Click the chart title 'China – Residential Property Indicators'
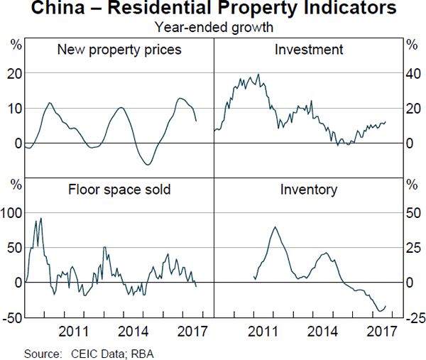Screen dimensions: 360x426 [213, 9]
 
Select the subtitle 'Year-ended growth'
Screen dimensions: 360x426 [213, 28]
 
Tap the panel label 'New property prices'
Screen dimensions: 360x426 [119, 50]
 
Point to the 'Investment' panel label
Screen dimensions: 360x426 [309, 50]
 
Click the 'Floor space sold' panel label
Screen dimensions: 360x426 [119, 190]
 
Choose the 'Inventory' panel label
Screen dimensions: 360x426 [309, 190]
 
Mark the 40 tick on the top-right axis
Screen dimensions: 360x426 [412, 73]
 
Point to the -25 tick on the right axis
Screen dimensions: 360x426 [414, 317]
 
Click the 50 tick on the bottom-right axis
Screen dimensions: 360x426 [412, 212]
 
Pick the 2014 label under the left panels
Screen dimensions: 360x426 [133, 331]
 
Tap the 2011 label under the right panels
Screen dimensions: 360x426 [263, 331]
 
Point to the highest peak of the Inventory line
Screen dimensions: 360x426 [275, 227]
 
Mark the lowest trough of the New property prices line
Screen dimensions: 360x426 [148, 165]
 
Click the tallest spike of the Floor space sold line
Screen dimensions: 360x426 [41, 218]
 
